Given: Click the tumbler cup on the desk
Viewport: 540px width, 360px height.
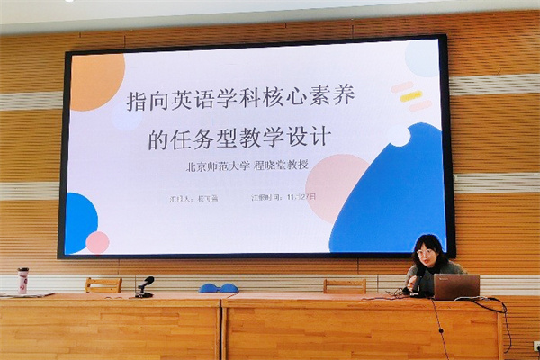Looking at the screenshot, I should (22, 280).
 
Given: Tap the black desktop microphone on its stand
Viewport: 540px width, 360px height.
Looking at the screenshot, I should (144, 286).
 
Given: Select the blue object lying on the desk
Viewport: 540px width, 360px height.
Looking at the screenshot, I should (218, 288).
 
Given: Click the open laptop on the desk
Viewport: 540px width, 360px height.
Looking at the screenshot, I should (456, 286).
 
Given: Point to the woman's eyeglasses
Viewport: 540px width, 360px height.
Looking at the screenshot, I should (426, 255).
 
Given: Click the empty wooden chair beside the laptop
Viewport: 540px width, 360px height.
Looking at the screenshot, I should (345, 285).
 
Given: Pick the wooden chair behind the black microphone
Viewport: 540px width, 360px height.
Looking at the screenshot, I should (103, 284).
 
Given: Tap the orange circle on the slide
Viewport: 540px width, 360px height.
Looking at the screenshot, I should (96, 82).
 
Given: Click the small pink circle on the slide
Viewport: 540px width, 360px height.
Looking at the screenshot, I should (97, 242).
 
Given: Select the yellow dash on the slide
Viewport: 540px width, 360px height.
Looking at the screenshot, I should (410, 96).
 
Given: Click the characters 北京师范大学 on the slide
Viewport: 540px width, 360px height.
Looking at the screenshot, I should (216, 166).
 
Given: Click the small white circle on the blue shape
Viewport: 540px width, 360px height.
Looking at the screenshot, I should (399, 136).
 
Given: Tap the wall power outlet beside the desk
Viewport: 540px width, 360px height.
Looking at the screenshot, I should (535, 345).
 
